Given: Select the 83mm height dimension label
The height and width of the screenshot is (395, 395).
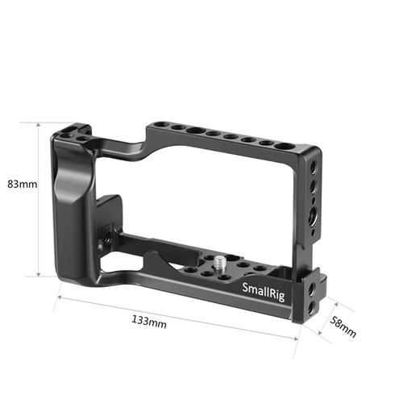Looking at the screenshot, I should (x=22, y=185).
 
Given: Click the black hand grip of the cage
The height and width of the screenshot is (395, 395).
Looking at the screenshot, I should (x=69, y=202).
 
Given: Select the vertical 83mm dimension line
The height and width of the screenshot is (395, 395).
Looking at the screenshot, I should (x=39, y=198).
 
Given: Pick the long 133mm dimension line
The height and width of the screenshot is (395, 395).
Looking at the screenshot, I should (x=177, y=318).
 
